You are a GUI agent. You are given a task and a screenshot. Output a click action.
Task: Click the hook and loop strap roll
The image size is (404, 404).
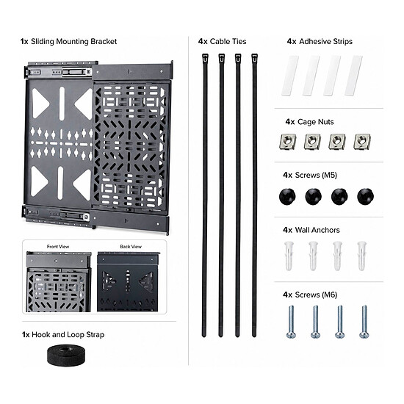pyautogui.click(x=66, y=355)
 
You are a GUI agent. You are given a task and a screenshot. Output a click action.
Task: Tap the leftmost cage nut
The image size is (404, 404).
pyautogui.click(x=288, y=142)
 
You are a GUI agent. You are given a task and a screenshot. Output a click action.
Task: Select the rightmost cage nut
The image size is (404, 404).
pyautogui.click(x=362, y=142)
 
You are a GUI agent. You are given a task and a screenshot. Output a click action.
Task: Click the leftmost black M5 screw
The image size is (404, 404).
pyautogui.click(x=287, y=196)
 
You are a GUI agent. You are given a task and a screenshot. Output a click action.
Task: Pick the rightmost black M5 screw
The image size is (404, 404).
pyautogui.click(x=365, y=196)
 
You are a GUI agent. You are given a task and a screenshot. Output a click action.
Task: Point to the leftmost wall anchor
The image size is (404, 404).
pyautogui.click(x=289, y=256)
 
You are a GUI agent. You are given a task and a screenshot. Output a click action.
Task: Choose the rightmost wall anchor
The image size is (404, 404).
pyautogui.click(x=361, y=256)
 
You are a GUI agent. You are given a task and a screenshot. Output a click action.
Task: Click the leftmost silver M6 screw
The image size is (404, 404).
pyautogui.click(x=291, y=322)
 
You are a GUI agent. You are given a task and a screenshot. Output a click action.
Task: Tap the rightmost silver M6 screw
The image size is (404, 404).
pyautogui.click(x=364, y=322)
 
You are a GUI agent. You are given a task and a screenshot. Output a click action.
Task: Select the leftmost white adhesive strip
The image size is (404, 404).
pyautogui.click(x=290, y=75)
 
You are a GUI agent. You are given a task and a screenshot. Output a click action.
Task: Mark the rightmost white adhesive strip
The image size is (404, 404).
pyautogui.click(x=354, y=75)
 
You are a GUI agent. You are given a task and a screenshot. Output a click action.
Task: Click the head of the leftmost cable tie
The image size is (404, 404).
pyautogui.click(x=205, y=58)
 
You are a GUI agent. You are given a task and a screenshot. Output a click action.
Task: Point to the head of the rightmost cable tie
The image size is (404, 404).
pyautogui.click(x=255, y=58)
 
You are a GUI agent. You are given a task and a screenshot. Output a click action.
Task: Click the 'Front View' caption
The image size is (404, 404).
pyautogui.click(x=58, y=247)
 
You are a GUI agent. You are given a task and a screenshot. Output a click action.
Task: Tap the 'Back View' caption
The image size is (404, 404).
pyautogui.click(x=131, y=247)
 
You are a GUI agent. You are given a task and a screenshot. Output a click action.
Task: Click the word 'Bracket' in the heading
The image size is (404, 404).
pyautogui.click(x=104, y=41)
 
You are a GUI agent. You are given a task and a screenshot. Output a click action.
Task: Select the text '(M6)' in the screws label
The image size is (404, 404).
pyautogui.click(x=330, y=295)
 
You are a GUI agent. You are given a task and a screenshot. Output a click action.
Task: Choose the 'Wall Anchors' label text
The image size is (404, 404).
pyautogui.click(x=317, y=230)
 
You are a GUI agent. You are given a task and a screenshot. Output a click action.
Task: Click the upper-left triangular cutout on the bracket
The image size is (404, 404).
pyautogui.click(x=40, y=104)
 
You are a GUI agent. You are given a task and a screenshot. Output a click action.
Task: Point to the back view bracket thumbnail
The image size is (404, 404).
pyautogui.click(x=129, y=282)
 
